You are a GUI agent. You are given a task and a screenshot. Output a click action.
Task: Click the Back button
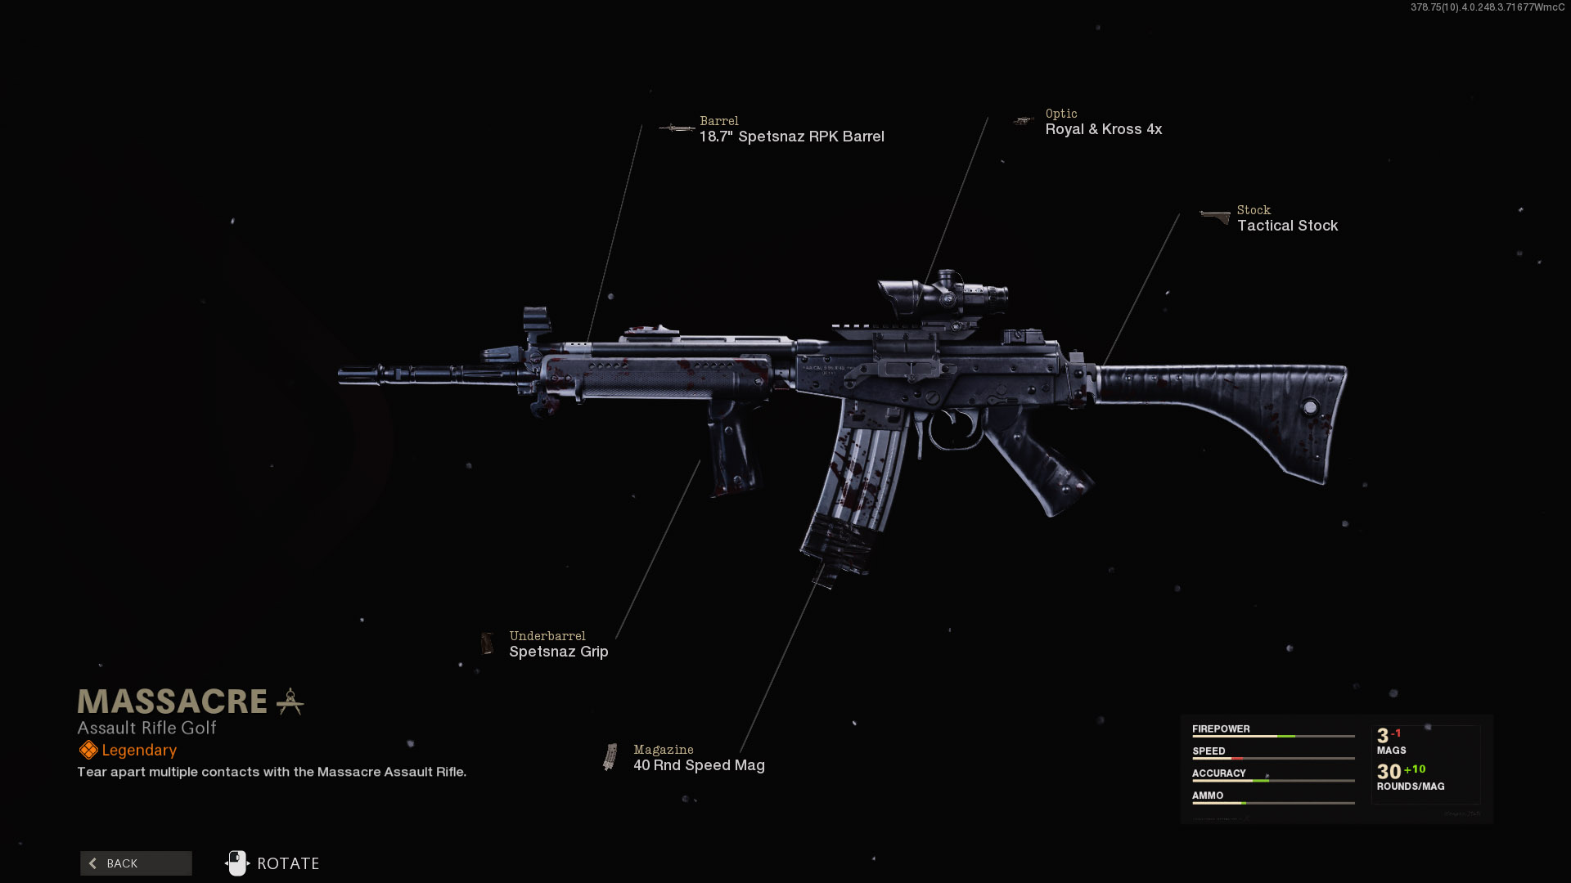(x=136, y=863)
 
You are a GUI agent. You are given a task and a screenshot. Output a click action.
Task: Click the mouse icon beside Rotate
(x=236, y=863)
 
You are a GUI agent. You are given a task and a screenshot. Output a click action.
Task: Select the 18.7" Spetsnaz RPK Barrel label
(x=791, y=137)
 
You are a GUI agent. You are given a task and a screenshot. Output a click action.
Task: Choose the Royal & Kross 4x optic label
(x=1103, y=129)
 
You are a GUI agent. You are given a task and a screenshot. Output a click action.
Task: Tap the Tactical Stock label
(x=1287, y=226)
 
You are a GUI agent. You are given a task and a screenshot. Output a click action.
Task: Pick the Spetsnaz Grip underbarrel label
(x=558, y=652)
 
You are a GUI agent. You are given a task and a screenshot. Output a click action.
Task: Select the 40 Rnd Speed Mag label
(x=699, y=765)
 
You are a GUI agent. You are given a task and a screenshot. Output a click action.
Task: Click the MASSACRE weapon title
(x=173, y=701)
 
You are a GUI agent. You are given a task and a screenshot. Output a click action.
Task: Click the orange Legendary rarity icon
(x=88, y=750)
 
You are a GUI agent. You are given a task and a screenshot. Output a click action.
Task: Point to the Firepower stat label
(x=1221, y=728)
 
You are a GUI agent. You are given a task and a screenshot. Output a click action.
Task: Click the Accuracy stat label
(x=1218, y=773)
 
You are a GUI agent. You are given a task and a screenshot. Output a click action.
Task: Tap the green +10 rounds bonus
(x=1415, y=769)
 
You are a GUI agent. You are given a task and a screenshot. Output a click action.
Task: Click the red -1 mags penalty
(x=1397, y=733)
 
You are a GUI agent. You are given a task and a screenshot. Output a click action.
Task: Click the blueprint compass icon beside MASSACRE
(x=290, y=701)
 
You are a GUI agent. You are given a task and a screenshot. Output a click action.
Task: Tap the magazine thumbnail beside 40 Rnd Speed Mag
(x=610, y=757)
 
